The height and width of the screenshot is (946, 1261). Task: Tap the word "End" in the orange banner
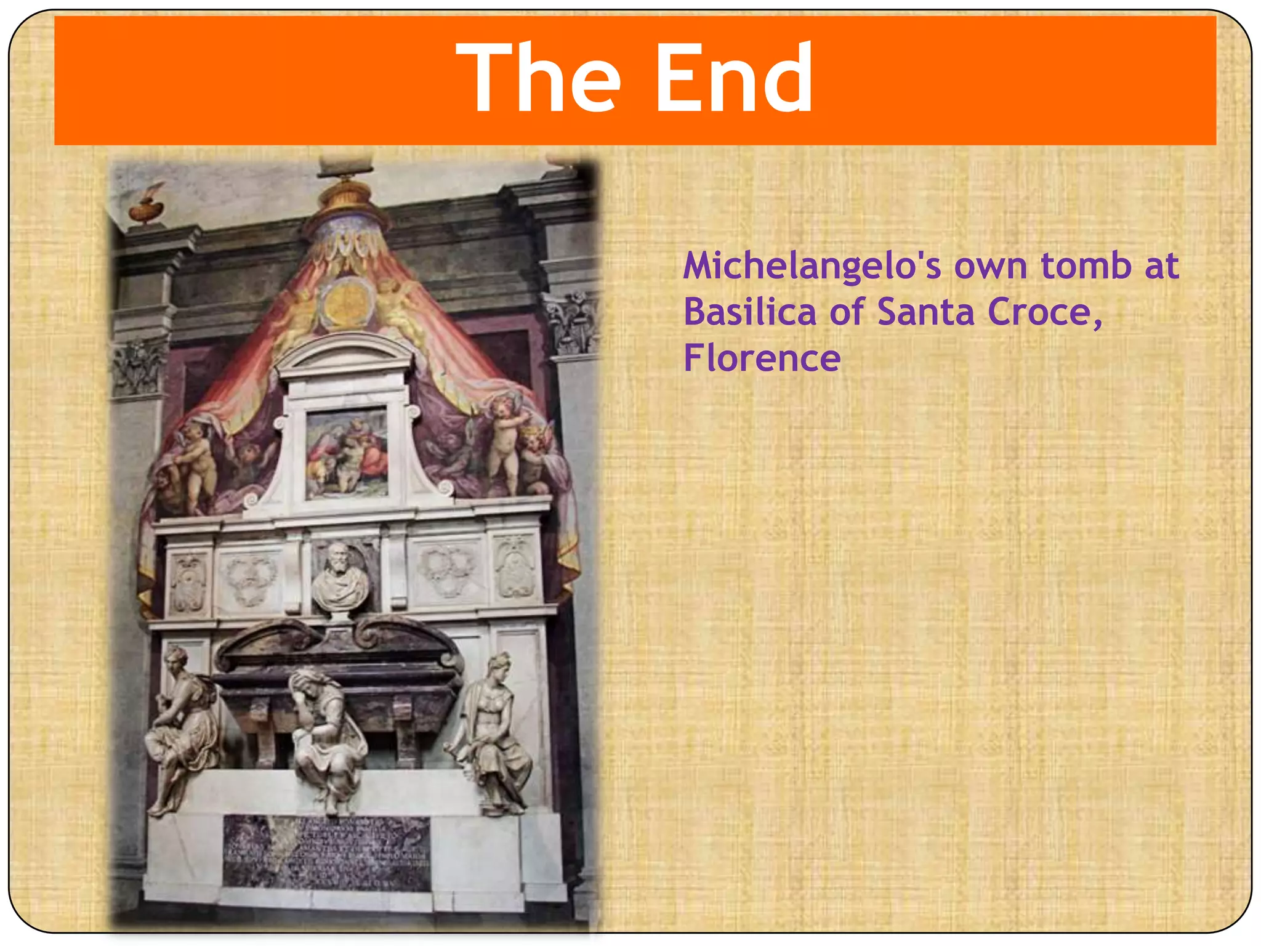[x=733, y=77]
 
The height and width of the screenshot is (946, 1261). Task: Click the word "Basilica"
[x=749, y=312]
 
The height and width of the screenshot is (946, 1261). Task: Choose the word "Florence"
[x=762, y=358]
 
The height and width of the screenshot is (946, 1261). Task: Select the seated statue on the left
[x=182, y=727]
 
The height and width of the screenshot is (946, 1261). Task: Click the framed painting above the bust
[x=347, y=455]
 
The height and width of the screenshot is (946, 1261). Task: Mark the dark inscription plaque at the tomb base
[x=326, y=853]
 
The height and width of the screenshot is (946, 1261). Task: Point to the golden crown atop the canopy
[x=345, y=194]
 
